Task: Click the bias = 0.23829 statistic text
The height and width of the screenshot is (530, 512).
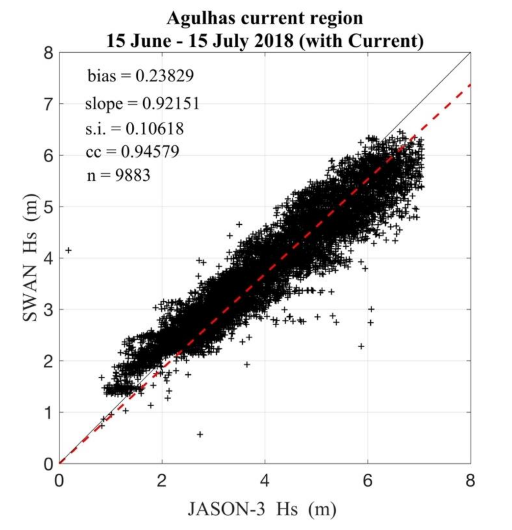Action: click(140, 75)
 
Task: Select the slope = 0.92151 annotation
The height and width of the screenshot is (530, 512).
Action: click(142, 103)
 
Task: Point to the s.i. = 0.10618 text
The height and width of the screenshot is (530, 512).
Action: click(134, 128)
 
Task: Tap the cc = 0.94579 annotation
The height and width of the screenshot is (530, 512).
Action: click(132, 151)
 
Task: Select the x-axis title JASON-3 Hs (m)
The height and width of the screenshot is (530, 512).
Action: click(262, 509)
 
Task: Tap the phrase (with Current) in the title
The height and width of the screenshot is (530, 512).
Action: click(361, 41)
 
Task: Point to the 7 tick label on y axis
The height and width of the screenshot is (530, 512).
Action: click(48, 104)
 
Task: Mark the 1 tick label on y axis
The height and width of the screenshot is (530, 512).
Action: click(48, 412)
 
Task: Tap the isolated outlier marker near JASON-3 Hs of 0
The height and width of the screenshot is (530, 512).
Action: click(68, 250)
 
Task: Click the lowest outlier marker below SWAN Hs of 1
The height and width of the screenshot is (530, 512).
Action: click(200, 434)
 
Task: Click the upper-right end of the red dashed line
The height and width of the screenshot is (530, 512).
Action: click(469, 85)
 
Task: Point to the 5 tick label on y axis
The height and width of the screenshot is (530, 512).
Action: click(48, 207)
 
